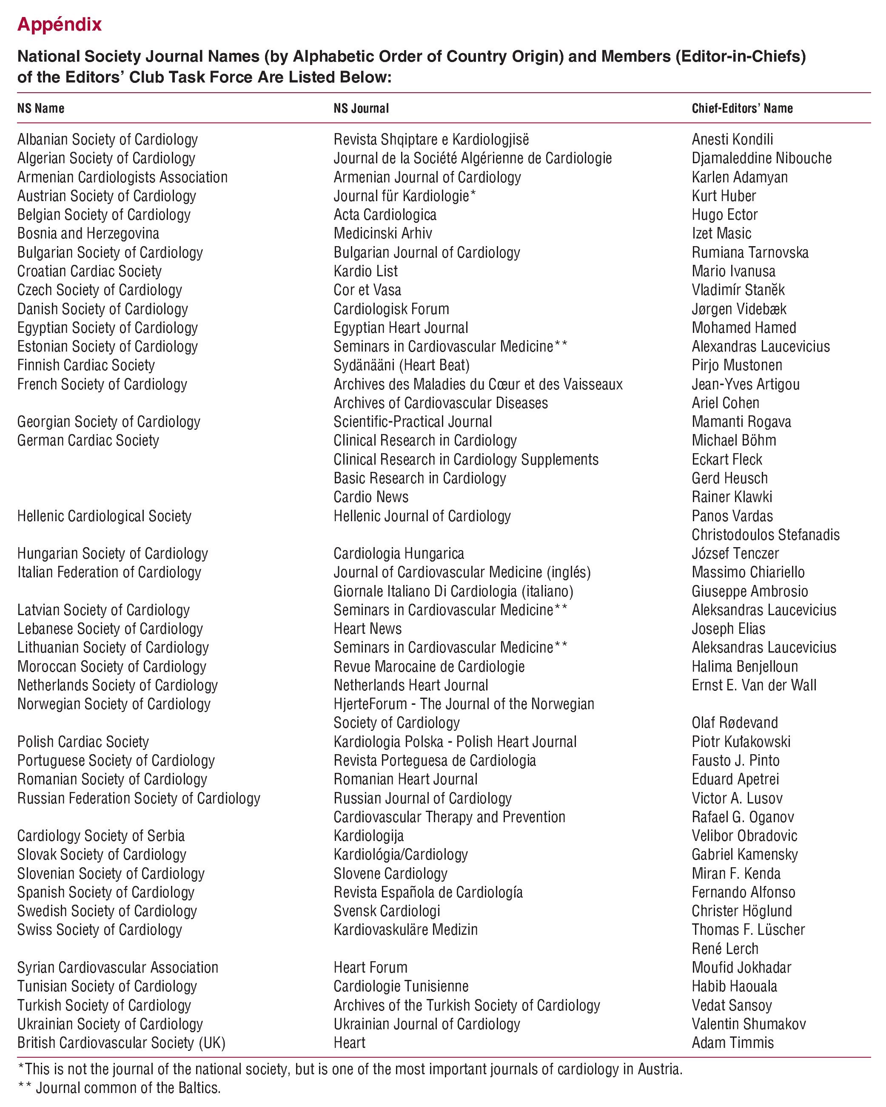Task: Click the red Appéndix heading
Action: pyautogui.click(x=60, y=24)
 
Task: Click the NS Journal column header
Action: pyautogui.click(x=361, y=108)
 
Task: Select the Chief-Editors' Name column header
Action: pyautogui.click(x=742, y=108)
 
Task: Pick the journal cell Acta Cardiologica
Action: pyautogui.click(x=385, y=215)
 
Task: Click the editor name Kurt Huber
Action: pyautogui.click(x=724, y=196)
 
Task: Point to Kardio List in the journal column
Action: pyautogui.click(x=365, y=271)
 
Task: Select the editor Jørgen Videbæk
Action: pyautogui.click(x=738, y=309)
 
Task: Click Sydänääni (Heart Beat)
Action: pyautogui.click(x=401, y=365)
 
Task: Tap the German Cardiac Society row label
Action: pyautogui.click(x=88, y=440)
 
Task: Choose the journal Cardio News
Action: pyautogui.click(x=371, y=497)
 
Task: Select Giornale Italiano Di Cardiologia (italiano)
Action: pyautogui.click(x=453, y=591)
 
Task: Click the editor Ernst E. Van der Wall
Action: pyautogui.click(x=753, y=685)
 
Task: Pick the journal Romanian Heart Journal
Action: pyautogui.click(x=405, y=779)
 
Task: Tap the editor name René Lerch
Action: pyautogui.click(x=725, y=948)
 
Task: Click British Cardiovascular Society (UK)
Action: pyautogui.click(x=121, y=1043)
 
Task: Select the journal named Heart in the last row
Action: pyautogui.click(x=349, y=1043)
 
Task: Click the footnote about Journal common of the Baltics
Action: pyautogui.click(x=119, y=1087)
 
